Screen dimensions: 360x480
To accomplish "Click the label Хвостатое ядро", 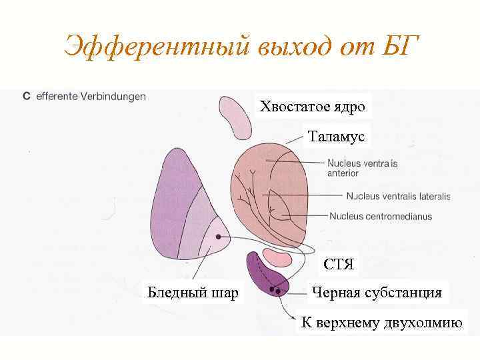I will click(313, 107).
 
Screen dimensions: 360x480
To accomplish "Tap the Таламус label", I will click(337, 137).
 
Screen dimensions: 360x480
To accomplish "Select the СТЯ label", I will click(339, 265).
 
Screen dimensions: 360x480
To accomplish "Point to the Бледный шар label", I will click(193, 292).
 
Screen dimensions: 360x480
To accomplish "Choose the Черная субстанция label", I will click(377, 293).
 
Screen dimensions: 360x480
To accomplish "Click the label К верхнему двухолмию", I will click(381, 323).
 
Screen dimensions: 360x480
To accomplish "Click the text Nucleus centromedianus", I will click(381, 216).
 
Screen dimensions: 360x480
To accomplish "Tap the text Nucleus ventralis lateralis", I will click(398, 196).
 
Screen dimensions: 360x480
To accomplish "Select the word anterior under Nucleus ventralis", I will click(343, 173).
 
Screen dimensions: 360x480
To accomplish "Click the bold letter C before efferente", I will click(26, 97).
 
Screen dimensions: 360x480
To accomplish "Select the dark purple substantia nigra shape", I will click(263, 273).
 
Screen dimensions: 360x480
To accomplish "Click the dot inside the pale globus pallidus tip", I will click(218, 237).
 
